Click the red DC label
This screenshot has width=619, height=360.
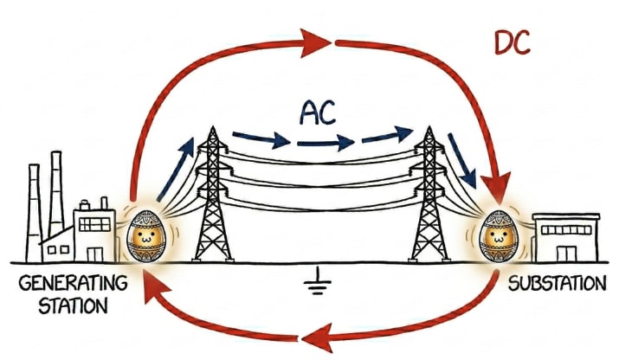coord(512,41)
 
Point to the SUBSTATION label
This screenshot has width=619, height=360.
coord(556,284)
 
